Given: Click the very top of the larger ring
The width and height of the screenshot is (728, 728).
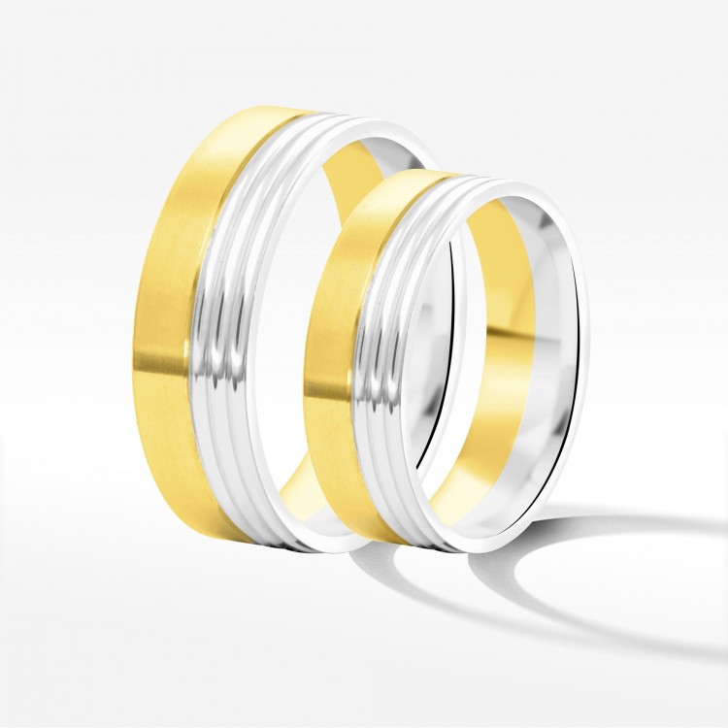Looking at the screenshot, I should coord(262,110).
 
